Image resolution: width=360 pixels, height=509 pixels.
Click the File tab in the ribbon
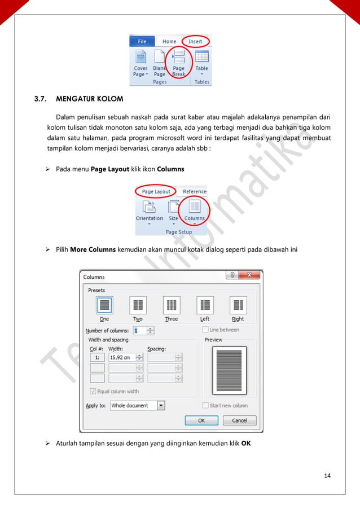coord(142,41)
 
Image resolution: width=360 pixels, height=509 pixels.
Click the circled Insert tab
coord(195,41)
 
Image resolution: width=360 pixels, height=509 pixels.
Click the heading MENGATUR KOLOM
coord(90,100)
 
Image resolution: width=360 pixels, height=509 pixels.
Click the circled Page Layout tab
coord(156,191)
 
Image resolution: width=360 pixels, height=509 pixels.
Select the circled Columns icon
coord(195,209)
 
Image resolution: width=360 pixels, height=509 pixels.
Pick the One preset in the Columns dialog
coord(104,305)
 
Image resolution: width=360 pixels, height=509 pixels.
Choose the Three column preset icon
coord(172,305)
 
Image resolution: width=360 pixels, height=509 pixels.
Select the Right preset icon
coord(238,305)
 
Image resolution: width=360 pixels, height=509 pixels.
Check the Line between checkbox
coord(205,330)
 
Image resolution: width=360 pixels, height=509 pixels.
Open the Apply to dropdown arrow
coord(161,405)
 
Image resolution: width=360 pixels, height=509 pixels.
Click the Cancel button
coord(239,420)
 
